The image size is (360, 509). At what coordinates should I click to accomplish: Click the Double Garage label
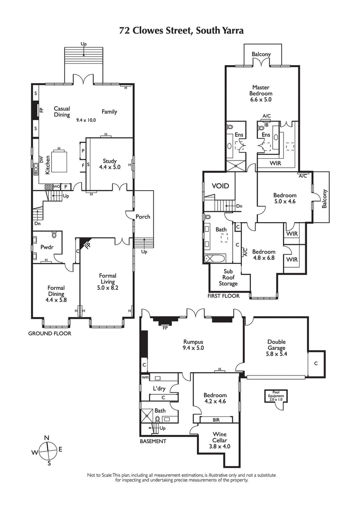coord(276,345)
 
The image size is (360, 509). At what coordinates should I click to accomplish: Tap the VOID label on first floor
coord(220,186)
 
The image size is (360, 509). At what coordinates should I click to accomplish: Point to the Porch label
coord(144,217)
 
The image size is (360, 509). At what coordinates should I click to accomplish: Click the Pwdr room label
coord(46,247)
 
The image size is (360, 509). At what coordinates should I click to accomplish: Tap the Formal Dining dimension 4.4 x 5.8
coord(56,300)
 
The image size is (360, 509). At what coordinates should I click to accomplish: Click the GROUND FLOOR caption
coord(49,334)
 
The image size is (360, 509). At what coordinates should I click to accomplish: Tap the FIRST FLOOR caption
coord(223,296)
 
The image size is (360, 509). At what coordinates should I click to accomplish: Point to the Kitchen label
coord(47,165)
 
